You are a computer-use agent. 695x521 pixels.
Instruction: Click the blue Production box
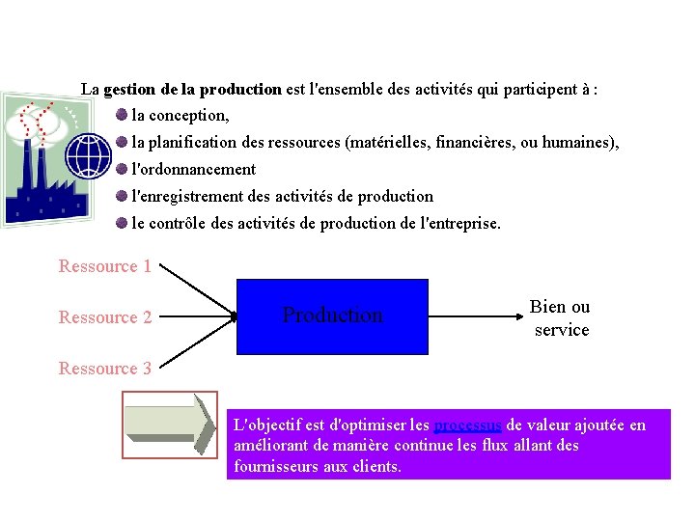point(332,316)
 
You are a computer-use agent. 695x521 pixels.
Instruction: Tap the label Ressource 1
point(105,266)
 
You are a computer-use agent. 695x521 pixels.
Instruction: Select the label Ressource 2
point(105,317)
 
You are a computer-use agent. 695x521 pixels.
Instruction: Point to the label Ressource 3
point(105,369)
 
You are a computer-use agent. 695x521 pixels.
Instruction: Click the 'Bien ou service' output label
point(561,318)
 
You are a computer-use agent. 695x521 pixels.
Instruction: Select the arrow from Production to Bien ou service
point(473,315)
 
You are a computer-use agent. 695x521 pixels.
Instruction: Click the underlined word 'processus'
point(468,425)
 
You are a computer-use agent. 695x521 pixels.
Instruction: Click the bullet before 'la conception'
point(120,115)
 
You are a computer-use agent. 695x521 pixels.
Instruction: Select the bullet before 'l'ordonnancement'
point(120,169)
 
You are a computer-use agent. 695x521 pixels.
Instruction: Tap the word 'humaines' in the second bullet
point(578,143)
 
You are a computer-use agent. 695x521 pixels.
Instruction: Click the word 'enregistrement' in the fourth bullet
point(191,197)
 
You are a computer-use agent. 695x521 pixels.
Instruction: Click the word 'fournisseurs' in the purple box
point(277,467)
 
